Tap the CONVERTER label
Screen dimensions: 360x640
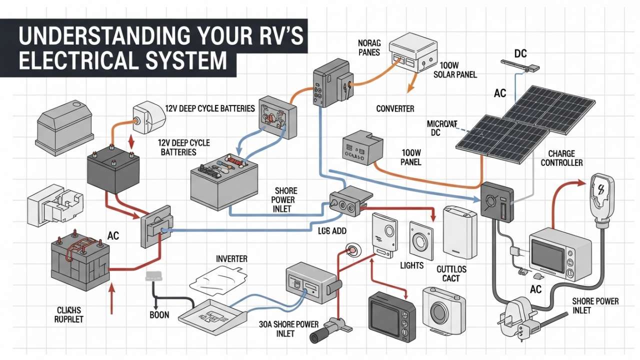pos(395,108)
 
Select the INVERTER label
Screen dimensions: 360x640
pos(231,259)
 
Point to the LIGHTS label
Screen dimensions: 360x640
pos(412,265)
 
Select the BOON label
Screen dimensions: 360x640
pos(159,315)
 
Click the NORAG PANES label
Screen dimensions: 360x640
pos(369,48)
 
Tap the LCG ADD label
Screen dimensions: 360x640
pos(333,231)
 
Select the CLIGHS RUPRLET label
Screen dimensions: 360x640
pos(69,314)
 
